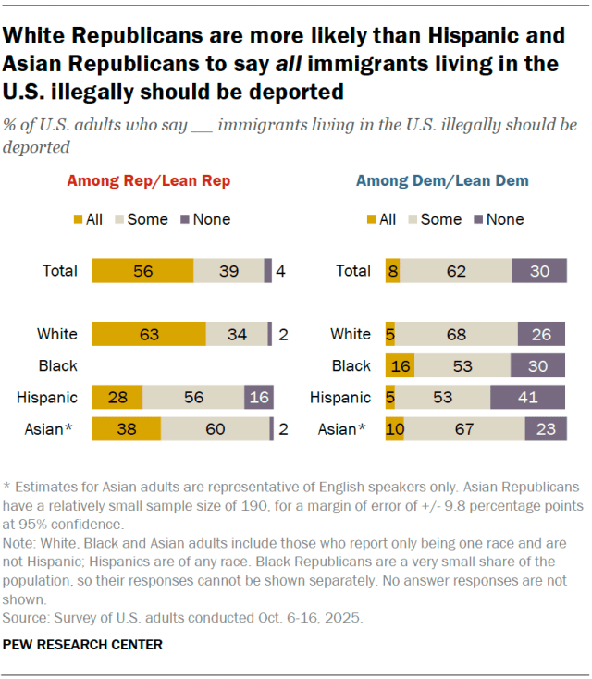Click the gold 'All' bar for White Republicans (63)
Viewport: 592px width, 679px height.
(148, 334)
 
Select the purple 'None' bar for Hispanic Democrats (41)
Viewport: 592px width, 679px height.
(527, 398)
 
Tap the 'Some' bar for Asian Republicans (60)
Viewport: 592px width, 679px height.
(215, 430)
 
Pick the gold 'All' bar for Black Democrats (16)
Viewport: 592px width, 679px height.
(401, 366)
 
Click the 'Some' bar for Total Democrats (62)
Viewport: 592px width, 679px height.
(455, 271)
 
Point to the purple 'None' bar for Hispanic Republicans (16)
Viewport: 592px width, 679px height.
(258, 398)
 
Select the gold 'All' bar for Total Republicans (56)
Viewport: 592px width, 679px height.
(142, 271)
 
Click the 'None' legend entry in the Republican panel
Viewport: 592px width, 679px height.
(206, 219)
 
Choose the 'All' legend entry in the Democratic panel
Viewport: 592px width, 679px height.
(381, 219)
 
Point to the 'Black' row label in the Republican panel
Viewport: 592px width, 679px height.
(58, 366)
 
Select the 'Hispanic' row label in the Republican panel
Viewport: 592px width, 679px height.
(46, 398)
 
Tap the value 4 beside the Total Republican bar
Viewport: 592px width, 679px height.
(280, 271)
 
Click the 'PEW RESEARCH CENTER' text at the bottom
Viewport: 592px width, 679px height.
(83, 644)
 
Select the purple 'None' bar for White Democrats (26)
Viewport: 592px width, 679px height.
(540, 334)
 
